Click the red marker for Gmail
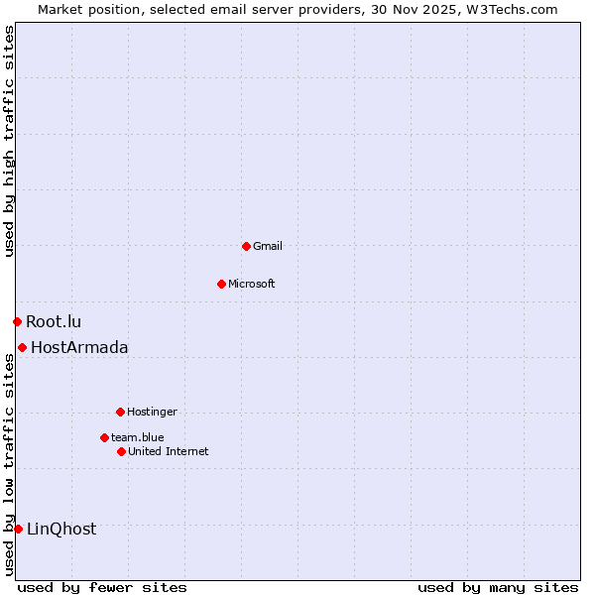coord(246,246)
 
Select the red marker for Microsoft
coord(221,284)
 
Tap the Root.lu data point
coord(17,321)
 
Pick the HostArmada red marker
coord(22,347)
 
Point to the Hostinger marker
coord(120,412)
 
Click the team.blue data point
coord(104,437)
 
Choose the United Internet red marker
coord(121,451)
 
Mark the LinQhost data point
coord(18,529)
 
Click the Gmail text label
coord(268,246)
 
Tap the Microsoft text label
coord(252,284)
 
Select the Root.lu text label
coord(54,321)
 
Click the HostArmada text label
coord(79,347)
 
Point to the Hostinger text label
coord(152,412)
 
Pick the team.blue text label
coord(138,437)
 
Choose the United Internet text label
coord(169,451)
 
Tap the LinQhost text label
coord(61,529)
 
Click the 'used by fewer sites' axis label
coord(102,587)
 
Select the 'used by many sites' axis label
coord(498,587)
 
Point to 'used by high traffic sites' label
coord(9,141)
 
